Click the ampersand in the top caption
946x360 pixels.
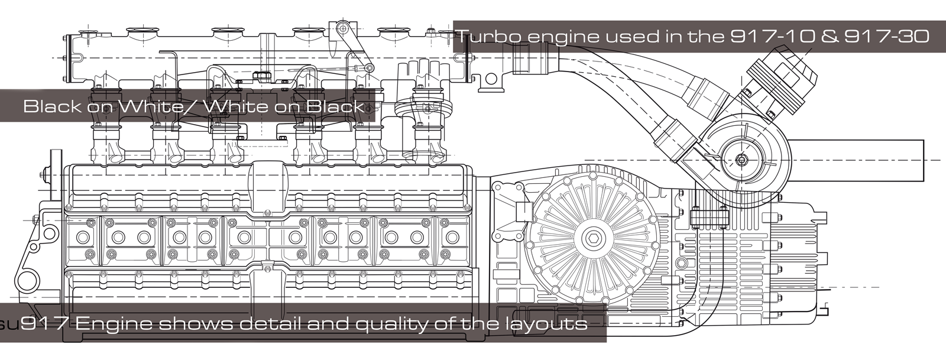(x=830, y=37)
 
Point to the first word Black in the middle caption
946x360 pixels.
(x=51, y=106)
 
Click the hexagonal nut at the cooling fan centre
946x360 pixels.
(x=592, y=238)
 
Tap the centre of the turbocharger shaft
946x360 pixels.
(x=741, y=160)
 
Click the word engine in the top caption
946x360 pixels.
(x=562, y=37)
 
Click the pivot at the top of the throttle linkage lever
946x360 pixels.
(x=342, y=29)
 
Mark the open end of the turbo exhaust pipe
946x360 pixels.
(x=923, y=160)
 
